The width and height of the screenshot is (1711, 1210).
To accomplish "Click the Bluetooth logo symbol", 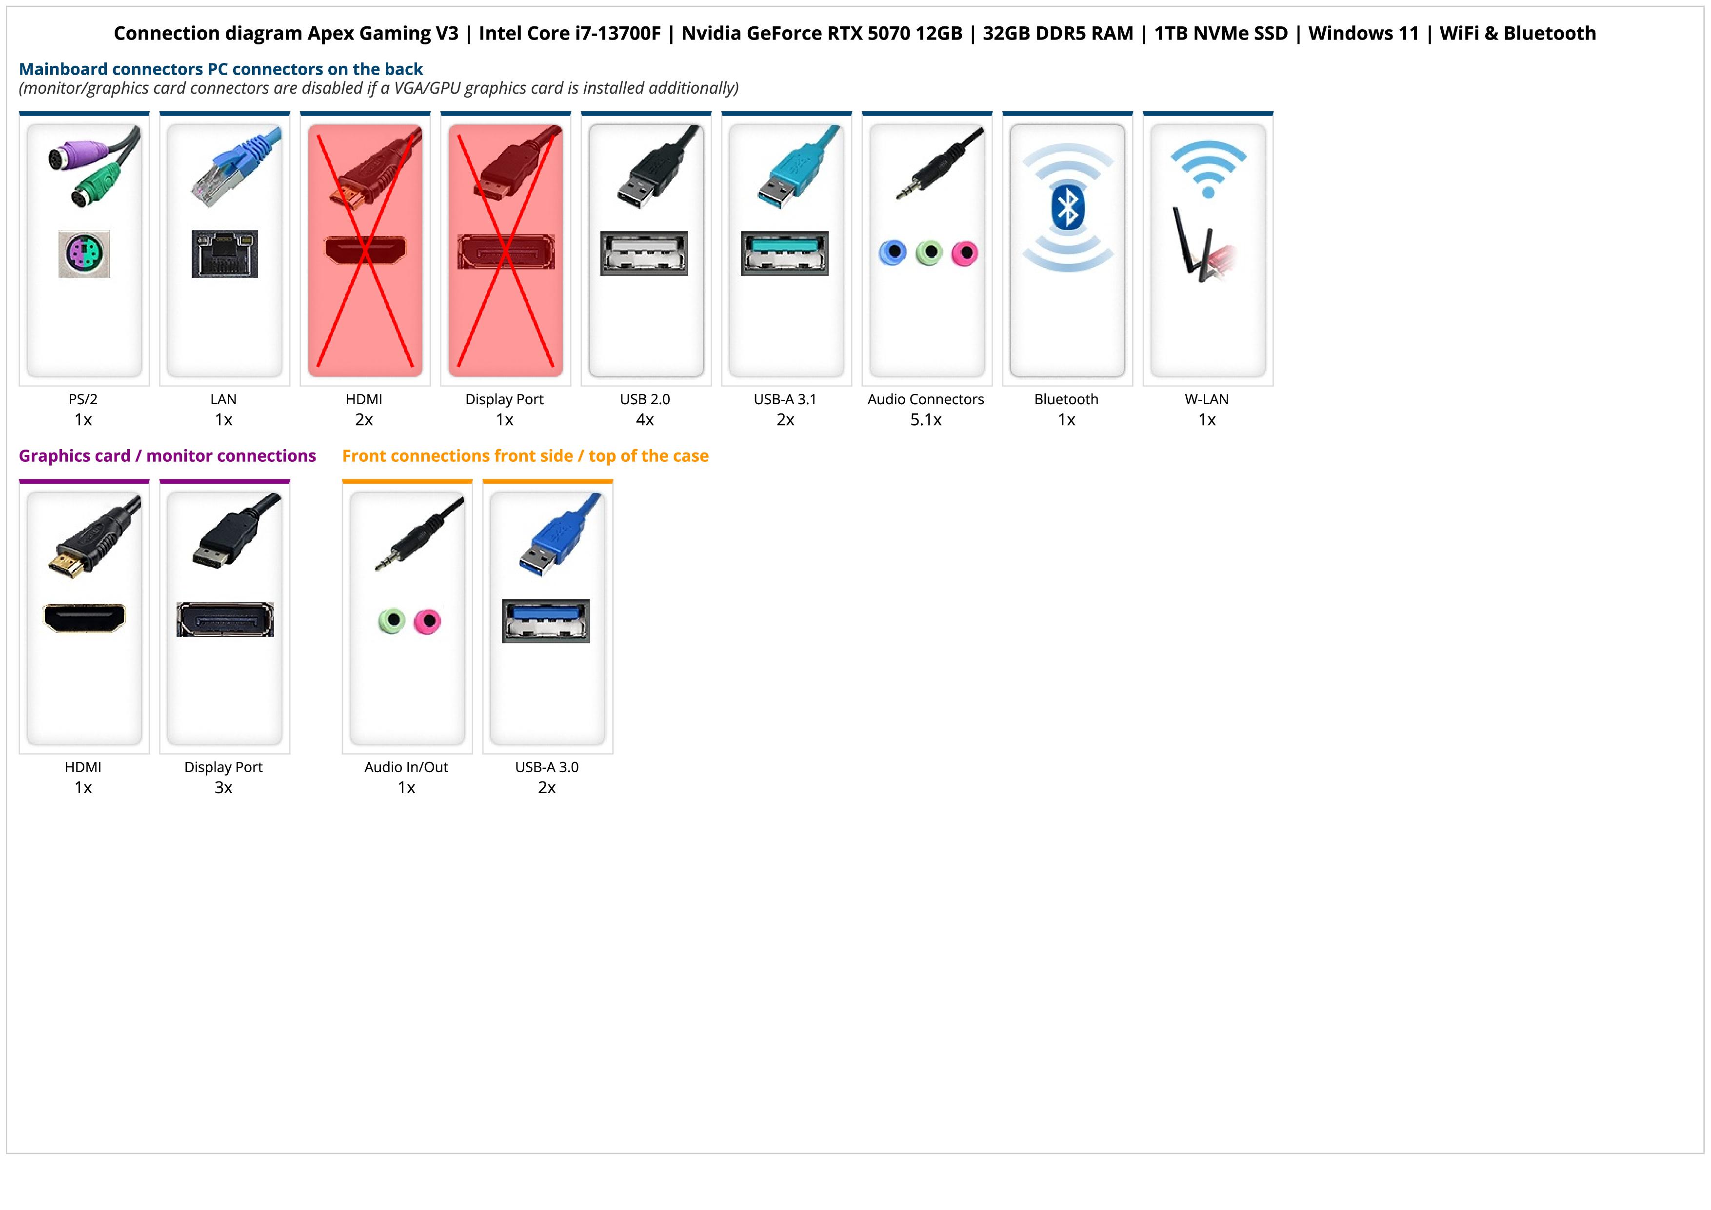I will coord(1067,208).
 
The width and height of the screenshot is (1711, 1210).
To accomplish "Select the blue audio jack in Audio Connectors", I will coord(893,253).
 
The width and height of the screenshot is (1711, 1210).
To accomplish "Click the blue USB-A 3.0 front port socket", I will coord(545,621).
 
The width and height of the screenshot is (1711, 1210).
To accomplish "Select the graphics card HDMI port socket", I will coord(84,618).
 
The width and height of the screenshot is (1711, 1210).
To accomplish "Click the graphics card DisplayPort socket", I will coord(225,619).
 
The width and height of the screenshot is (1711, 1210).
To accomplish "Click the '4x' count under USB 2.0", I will coord(645,420).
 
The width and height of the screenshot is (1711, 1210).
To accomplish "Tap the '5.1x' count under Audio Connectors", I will coord(926,420).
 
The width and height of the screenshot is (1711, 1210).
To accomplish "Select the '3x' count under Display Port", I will coord(223,788).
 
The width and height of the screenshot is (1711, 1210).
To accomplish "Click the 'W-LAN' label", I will coord(1207,399).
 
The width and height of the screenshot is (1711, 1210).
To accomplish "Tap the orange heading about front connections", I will coord(525,455).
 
